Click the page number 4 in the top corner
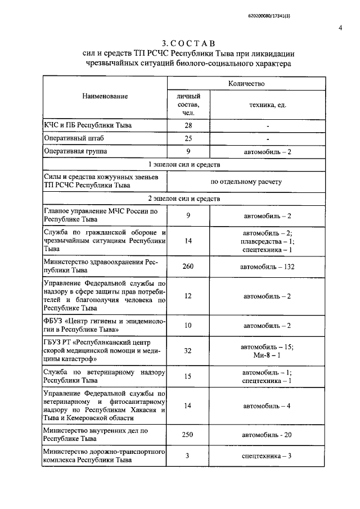(x=341, y=28)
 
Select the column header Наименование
(x=105, y=96)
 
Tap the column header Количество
(x=246, y=83)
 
